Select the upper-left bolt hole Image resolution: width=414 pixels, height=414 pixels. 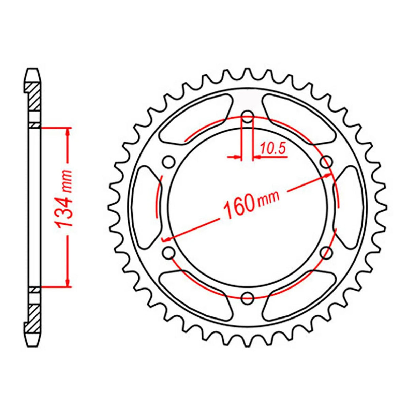(168, 161)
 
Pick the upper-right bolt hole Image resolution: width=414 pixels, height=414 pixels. (327, 161)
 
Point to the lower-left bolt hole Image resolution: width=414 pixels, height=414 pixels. (168, 252)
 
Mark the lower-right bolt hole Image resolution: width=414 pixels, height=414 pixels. (327, 252)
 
